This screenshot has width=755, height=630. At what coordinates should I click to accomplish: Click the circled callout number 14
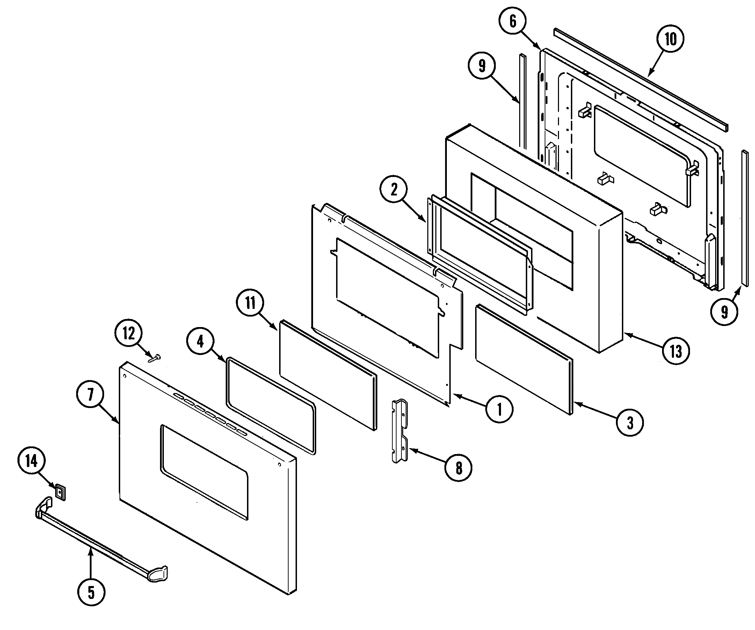pos(32,461)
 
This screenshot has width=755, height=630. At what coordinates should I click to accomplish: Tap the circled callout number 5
pos(91,592)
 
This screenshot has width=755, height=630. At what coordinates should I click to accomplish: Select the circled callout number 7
pos(90,395)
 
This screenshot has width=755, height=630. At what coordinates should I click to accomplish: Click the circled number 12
pos(129,334)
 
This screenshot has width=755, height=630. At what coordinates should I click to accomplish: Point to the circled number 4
pos(200,341)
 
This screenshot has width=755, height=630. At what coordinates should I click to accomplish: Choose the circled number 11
pos(250,303)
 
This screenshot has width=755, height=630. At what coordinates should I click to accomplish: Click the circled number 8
pos(458,468)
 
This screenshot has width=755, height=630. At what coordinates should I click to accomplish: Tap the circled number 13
pos(676,351)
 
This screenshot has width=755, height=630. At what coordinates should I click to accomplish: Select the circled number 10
pos(670,39)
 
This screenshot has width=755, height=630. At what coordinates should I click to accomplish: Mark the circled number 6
pos(513,21)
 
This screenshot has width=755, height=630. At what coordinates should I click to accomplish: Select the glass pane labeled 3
pos(524,359)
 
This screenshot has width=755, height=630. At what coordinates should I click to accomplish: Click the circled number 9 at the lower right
pos(724,312)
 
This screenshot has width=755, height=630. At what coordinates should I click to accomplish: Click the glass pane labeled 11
pos(327,373)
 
